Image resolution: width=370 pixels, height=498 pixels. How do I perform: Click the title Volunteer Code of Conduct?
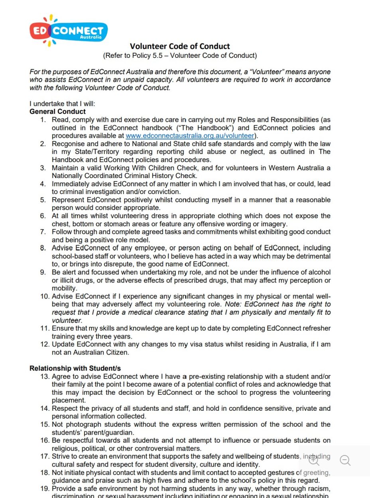point(180,46)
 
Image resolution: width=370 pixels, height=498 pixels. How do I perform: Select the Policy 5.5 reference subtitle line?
point(180,55)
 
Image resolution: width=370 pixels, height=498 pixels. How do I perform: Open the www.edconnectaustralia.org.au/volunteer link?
point(190,136)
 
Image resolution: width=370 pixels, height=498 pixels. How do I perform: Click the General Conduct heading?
point(57,112)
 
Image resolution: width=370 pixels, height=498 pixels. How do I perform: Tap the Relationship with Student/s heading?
point(75,368)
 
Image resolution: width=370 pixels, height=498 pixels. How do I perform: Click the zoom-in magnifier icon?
point(314,461)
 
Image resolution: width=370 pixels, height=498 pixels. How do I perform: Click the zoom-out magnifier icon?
point(345,461)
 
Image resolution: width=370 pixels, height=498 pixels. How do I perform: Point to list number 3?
point(43,168)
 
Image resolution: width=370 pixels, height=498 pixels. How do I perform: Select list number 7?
point(43,232)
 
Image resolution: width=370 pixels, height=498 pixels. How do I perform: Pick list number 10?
point(45,296)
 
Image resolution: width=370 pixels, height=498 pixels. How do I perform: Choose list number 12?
point(45,344)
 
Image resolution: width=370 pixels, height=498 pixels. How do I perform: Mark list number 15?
point(45,424)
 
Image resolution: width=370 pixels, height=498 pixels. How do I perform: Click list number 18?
point(45,473)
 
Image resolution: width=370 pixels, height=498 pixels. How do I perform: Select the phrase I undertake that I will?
point(62,104)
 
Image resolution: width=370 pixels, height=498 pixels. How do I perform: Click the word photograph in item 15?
point(83,424)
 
